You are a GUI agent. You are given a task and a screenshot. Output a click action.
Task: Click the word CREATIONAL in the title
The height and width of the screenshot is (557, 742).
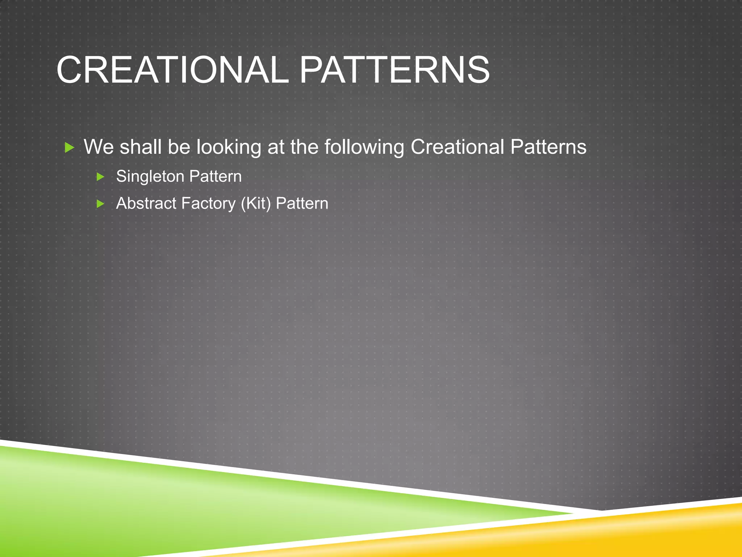click(x=172, y=70)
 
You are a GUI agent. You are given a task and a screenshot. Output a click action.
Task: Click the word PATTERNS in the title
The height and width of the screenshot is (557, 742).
click(x=394, y=70)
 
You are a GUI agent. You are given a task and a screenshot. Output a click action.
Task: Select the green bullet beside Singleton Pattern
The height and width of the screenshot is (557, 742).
click(x=100, y=177)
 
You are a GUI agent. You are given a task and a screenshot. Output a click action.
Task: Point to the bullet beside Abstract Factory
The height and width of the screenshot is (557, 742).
click(x=100, y=204)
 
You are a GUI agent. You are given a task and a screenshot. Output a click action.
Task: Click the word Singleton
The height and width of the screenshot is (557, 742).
click(x=150, y=177)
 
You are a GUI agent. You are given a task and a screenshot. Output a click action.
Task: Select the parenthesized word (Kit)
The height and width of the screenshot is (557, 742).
click(x=256, y=203)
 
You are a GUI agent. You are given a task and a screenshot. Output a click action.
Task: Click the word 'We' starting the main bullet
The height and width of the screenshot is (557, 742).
click(x=99, y=147)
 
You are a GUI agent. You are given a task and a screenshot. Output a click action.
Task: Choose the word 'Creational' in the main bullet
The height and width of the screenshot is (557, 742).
click(x=457, y=147)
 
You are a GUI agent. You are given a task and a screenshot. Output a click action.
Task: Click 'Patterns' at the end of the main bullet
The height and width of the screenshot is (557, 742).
click(x=548, y=147)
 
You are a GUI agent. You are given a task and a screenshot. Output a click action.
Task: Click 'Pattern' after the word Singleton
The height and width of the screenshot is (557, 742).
click(x=215, y=177)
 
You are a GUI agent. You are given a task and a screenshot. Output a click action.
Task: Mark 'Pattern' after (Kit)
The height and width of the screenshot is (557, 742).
click(x=302, y=203)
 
